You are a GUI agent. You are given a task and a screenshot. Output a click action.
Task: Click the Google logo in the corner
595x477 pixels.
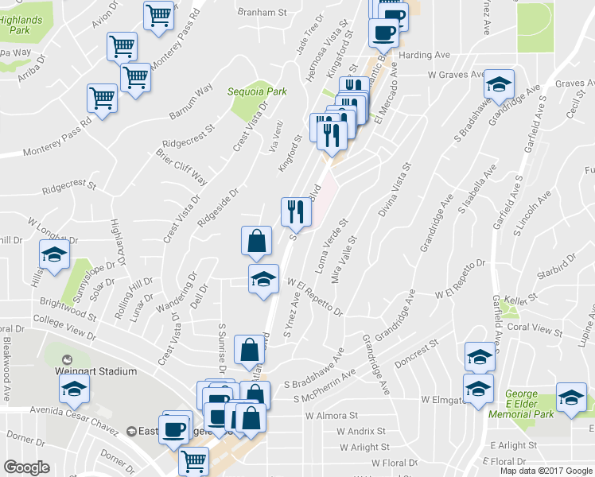click(26, 467)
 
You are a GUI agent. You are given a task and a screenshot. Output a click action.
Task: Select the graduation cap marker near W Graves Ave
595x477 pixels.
click(499, 86)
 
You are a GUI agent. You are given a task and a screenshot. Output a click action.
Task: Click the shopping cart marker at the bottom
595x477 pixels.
click(193, 460)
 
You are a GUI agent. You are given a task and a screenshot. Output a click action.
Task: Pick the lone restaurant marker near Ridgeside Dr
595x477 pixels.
click(292, 212)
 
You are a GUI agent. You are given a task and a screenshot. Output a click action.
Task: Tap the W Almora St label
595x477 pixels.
click(332, 416)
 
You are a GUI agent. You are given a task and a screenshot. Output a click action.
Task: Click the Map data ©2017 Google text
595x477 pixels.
click(545, 470)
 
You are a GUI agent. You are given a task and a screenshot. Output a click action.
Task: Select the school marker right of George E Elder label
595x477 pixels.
click(570, 400)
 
